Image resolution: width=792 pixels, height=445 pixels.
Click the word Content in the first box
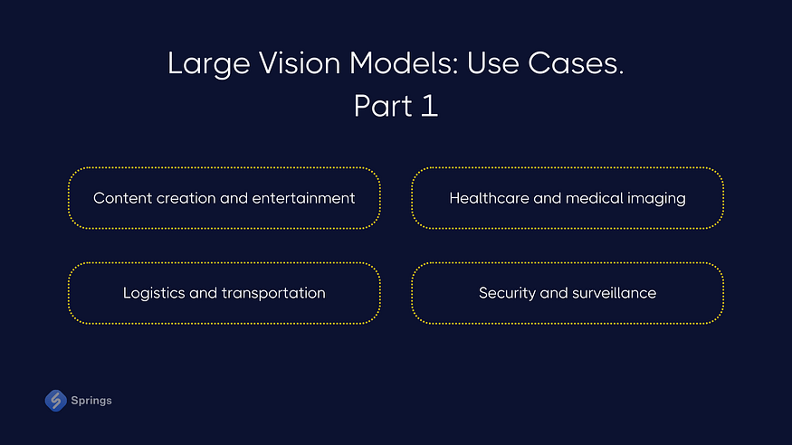121,198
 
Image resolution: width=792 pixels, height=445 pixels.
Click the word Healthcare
491,198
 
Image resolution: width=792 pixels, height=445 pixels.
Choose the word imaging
658,198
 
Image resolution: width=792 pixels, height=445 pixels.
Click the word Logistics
153,293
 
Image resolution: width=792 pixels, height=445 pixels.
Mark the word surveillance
615,293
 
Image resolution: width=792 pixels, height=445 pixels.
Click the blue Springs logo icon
55,400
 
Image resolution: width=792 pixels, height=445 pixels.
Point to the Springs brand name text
91,400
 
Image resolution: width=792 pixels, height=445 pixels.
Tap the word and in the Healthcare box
549,198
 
